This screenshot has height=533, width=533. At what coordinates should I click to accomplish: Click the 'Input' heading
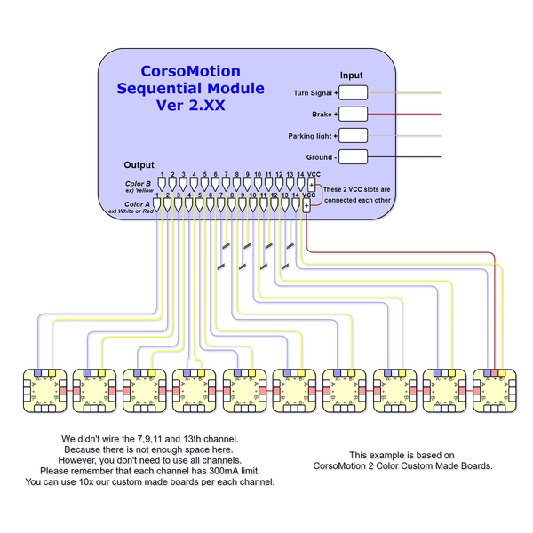[352, 76]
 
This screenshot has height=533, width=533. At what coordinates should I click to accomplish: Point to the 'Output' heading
[139, 165]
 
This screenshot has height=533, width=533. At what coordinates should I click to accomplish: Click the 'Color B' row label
[139, 184]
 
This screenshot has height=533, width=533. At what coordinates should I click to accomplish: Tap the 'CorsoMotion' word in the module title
[191, 71]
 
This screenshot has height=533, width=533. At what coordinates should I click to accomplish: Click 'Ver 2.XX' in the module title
[191, 106]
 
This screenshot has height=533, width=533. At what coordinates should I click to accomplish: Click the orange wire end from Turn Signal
[435, 92]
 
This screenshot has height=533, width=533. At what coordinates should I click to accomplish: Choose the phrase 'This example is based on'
[402, 454]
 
